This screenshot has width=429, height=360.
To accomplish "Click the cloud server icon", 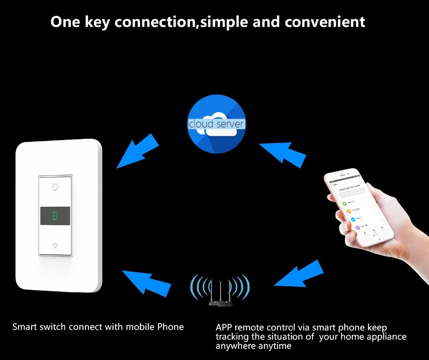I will (216, 124).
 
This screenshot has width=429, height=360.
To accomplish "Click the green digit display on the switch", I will (55, 216).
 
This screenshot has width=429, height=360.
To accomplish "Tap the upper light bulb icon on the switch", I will (55, 186).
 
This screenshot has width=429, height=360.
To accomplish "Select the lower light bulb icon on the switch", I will (55, 245).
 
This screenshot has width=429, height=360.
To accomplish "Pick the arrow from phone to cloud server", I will (283, 152).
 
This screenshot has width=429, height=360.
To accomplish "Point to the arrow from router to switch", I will (146, 283).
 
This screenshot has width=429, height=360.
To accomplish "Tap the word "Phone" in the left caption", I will (171, 327).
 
